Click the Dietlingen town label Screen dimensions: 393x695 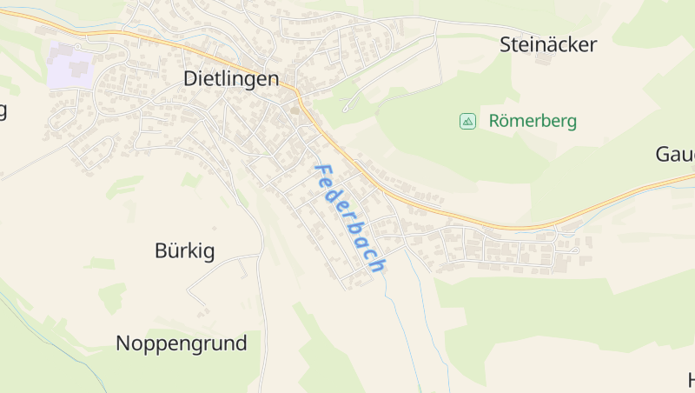point(231,78)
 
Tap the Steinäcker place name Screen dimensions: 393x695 point(548,45)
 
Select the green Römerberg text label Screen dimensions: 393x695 point(533,121)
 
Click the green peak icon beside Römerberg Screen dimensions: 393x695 point(467,121)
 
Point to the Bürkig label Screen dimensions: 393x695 point(184,251)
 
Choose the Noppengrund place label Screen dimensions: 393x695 point(181,343)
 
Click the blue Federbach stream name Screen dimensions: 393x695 point(349,218)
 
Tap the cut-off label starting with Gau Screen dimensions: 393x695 point(675,155)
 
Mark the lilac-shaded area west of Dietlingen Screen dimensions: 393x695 point(70,66)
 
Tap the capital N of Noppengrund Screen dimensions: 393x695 point(123,343)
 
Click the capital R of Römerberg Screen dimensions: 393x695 point(495,121)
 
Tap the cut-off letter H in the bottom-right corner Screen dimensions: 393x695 point(691,380)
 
